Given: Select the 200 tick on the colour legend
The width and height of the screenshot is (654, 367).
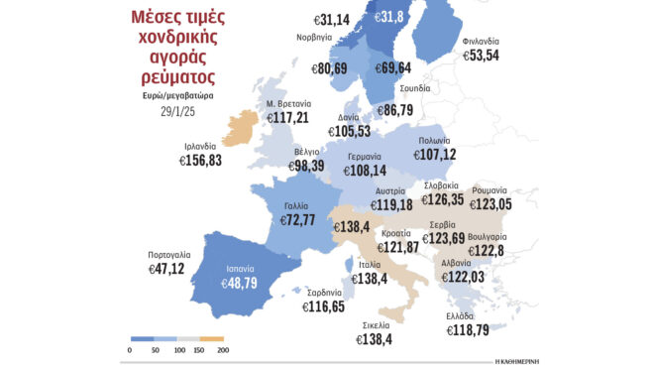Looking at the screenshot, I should pos(223,350).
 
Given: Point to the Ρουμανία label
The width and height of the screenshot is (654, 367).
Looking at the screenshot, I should pos(517,187).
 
